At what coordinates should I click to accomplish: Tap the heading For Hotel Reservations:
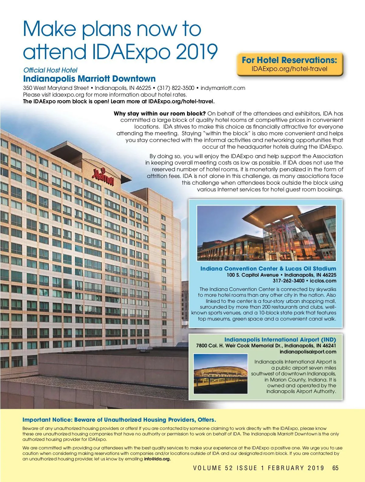click(289, 60)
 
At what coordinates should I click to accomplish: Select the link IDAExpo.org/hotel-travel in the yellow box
click(289, 69)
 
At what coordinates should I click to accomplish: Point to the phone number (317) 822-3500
click(176, 88)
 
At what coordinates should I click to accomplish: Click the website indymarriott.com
click(223, 88)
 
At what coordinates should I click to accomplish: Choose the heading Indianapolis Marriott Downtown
click(89, 79)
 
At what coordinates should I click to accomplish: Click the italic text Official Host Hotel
click(50, 70)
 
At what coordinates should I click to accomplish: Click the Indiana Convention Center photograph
click(266, 233)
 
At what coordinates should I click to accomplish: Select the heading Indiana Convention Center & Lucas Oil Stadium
click(268, 268)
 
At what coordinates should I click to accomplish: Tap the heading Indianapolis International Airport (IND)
click(280, 339)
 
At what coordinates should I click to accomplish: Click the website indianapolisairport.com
click(308, 352)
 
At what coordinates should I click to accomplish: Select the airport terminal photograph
click(221, 374)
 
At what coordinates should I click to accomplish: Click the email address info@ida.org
click(157, 459)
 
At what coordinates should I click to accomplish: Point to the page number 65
click(335, 468)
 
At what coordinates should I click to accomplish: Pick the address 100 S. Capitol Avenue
click(252, 275)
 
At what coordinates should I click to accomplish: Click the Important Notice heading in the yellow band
click(119, 420)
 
